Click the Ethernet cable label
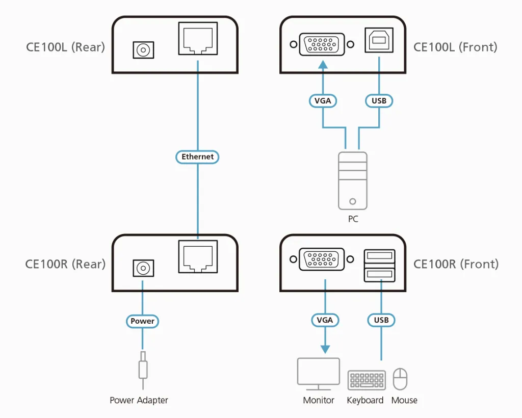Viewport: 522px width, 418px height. (198, 157)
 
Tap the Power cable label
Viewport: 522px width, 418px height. (143, 321)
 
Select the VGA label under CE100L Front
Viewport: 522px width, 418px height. (323, 101)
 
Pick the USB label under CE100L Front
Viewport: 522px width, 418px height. (379, 101)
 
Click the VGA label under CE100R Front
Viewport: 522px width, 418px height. (325, 320)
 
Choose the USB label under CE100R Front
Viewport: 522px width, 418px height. (381, 320)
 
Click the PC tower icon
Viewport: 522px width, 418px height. (353, 180)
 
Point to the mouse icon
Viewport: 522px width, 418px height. (401, 379)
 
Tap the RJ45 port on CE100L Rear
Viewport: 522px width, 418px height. (198, 38)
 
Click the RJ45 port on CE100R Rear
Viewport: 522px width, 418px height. (198, 256)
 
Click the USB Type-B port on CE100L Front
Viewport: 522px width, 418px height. (379, 40)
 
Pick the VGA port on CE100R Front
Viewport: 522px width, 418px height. (322, 259)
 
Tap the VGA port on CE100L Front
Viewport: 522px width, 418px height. (322, 44)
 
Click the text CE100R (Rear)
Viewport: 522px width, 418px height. (65, 264)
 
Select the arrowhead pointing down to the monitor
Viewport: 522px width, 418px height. (325, 349)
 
